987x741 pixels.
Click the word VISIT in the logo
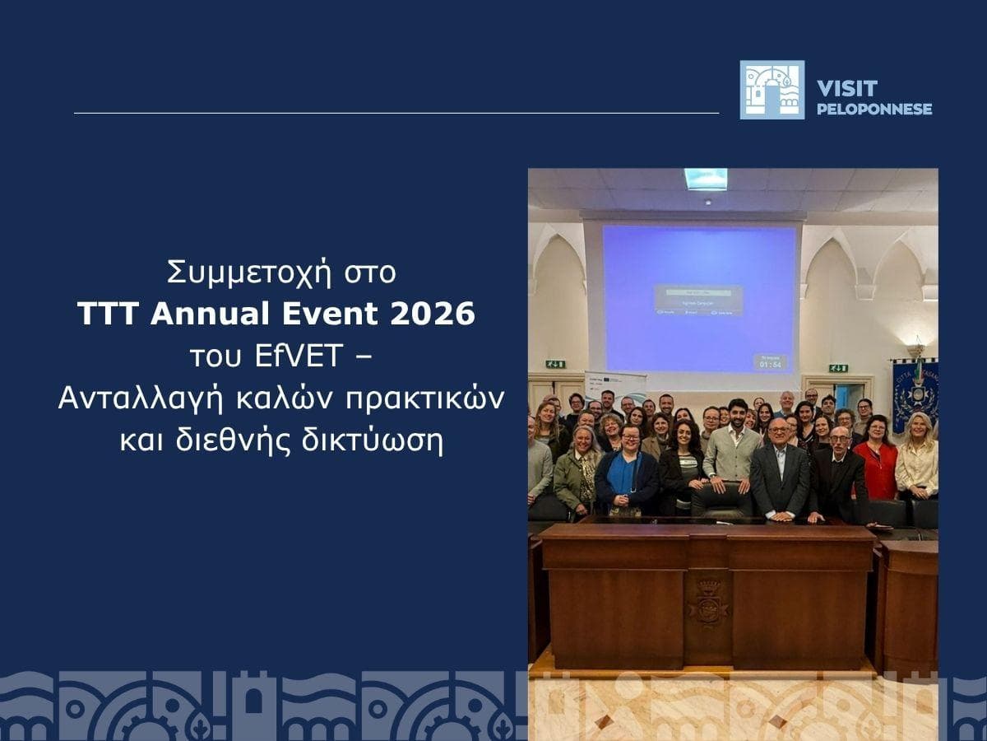coord(847,88)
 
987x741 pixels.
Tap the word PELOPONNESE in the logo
coord(874,109)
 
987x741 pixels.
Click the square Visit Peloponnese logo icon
coord(772,90)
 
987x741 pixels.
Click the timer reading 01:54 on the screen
coord(770,362)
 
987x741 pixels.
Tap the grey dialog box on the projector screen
coord(698,300)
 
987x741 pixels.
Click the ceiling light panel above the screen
coord(705,179)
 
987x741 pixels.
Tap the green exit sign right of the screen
coord(837,368)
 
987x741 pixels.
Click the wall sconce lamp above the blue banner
coord(915,347)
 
